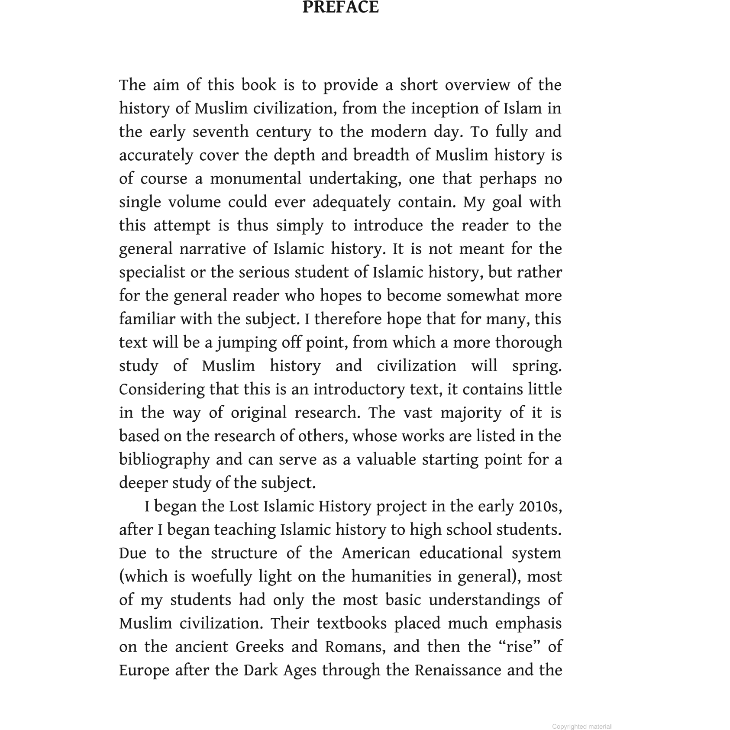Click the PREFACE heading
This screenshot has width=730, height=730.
click(x=340, y=7)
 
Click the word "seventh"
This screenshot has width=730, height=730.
click(x=220, y=132)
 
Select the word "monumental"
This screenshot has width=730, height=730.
click(x=255, y=178)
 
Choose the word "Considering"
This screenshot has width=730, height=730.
click(x=162, y=389)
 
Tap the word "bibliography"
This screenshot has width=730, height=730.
click(x=165, y=459)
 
